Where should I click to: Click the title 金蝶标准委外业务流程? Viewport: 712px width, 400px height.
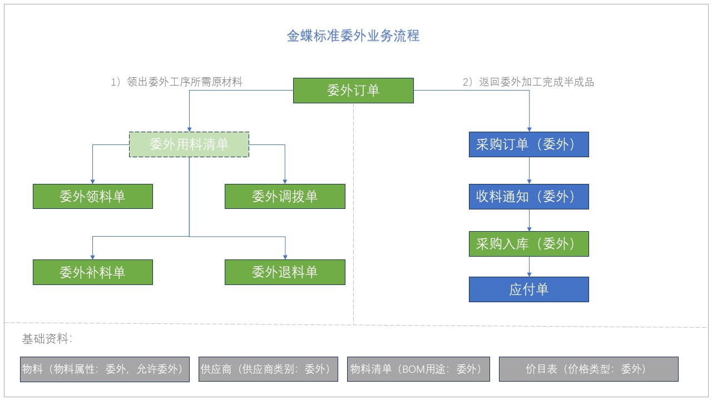pos(353,36)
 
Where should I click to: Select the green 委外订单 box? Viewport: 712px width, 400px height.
pos(353,91)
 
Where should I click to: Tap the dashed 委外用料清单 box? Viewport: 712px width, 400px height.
pos(189,144)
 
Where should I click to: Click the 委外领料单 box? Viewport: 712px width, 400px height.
pos(93,197)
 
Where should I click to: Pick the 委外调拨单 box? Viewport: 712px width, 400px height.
pos(285,197)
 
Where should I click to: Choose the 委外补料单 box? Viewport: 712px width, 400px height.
pos(93,272)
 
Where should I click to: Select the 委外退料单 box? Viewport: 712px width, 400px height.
pos(285,272)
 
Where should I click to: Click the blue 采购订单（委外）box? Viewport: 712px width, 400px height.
pos(529,144)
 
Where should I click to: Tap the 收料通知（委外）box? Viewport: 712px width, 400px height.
pos(529,197)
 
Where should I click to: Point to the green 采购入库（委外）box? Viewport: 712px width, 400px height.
pos(529,244)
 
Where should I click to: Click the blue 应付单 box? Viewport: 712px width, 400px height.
pos(529,289)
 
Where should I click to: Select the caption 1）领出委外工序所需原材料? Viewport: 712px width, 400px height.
pos(176,82)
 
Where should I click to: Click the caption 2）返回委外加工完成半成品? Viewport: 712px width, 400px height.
pos(528,82)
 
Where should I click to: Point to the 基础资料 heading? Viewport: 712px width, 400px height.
pos(47,339)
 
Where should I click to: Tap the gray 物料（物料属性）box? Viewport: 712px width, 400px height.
pos(105,369)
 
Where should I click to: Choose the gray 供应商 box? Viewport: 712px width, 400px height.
pos(268,369)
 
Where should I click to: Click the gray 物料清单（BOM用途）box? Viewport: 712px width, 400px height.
pos(418,369)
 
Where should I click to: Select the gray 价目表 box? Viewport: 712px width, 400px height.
pos(589,369)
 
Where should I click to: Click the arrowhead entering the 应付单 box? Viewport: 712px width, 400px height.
pos(529,274)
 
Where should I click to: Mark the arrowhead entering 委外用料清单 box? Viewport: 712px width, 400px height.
pos(190,129)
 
